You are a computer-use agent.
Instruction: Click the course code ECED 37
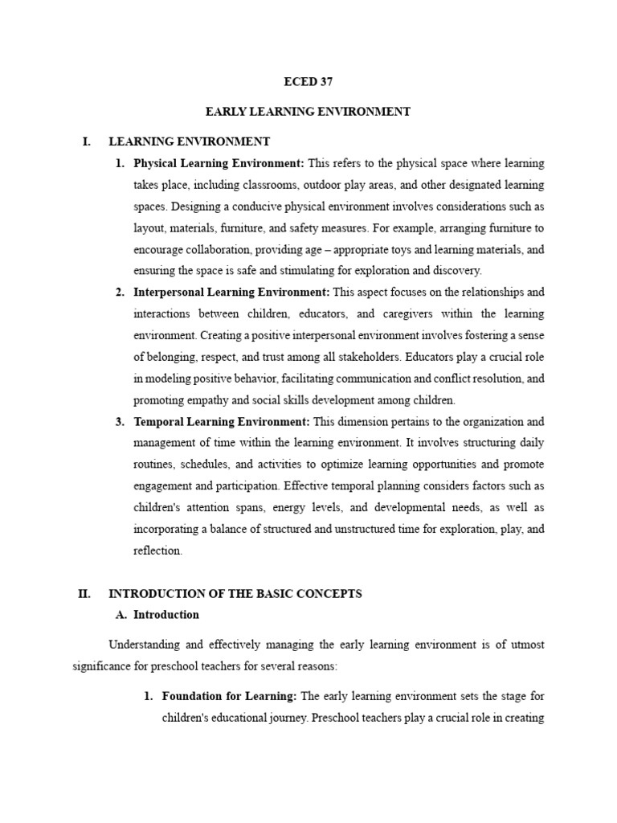pyautogui.click(x=308, y=81)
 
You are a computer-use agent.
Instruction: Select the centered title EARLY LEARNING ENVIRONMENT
pyautogui.click(x=308, y=112)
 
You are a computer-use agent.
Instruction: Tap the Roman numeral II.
pyautogui.click(x=84, y=594)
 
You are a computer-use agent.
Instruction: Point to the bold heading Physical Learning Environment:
pyautogui.click(x=219, y=163)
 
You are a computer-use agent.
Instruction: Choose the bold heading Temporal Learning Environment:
pyautogui.click(x=222, y=421)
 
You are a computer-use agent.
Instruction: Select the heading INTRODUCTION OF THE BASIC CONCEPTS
pyautogui.click(x=235, y=594)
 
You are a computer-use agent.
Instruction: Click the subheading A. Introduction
pyautogui.click(x=166, y=615)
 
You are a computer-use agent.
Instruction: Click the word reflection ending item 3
pyautogui.click(x=157, y=551)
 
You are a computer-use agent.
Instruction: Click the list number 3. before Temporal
pyautogui.click(x=120, y=421)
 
